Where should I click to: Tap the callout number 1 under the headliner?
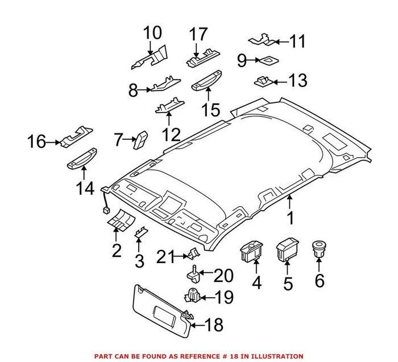pos(290,218)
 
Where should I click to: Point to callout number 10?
pos(152,32)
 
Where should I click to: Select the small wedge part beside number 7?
pos(140,139)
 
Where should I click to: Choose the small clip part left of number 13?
pos(263,81)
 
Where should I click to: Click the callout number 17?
pos(199,34)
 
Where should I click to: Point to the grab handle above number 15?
pos(206,84)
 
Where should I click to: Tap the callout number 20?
pos(223,276)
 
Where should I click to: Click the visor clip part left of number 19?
pos(193,296)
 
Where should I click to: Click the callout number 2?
pos(117,249)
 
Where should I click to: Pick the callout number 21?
pos(165,257)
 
